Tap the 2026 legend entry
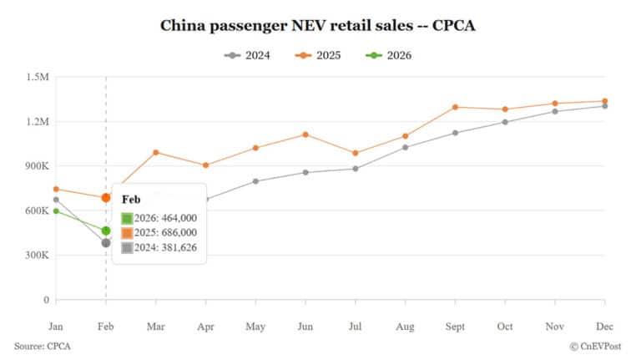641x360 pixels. pyautogui.click(x=391, y=55)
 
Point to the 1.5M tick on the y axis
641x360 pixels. pyautogui.click(x=38, y=77)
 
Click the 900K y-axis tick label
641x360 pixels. pyautogui.click(x=38, y=166)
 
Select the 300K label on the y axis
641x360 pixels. pyautogui.click(x=38, y=256)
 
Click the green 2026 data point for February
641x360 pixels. pyautogui.click(x=106, y=231)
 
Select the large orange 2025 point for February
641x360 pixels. pyautogui.click(x=106, y=198)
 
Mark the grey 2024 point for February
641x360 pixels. pyautogui.click(x=106, y=243)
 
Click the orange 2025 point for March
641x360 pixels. pyautogui.click(x=155, y=152)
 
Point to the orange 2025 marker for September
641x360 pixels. pyautogui.click(x=455, y=107)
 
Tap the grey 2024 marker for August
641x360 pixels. pyautogui.click(x=405, y=147)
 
